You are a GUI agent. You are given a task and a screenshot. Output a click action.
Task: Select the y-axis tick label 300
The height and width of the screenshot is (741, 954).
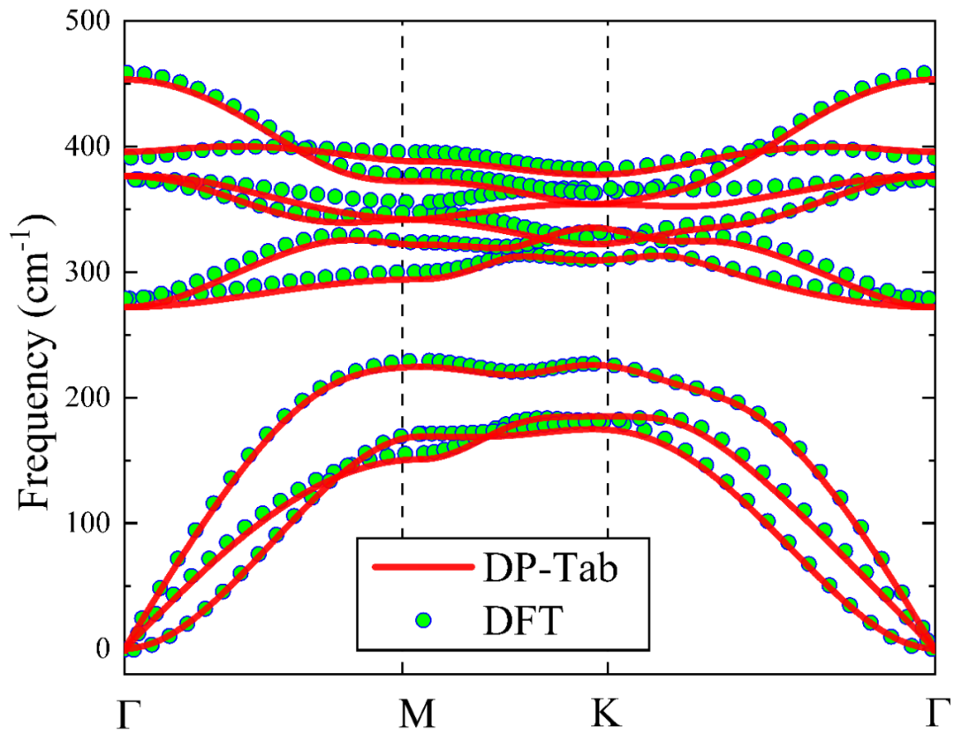pyautogui.click(x=89, y=272)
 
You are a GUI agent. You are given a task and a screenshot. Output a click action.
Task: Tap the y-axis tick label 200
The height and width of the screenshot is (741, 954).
pyautogui.click(x=89, y=397)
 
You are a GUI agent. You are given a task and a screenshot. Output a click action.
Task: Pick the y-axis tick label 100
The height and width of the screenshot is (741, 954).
pyautogui.click(x=89, y=524)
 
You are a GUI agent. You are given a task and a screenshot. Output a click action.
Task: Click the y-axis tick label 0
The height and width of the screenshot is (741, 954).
pyautogui.click(x=105, y=649)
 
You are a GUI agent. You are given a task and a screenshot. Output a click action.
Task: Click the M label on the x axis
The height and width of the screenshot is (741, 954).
pyautogui.click(x=403, y=716)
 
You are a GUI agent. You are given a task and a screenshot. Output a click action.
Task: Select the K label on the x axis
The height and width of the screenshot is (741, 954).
pyautogui.click(x=607, y=716)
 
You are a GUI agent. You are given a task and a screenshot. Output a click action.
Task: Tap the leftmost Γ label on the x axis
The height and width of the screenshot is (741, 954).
pyautogui.click(x=127, y=716)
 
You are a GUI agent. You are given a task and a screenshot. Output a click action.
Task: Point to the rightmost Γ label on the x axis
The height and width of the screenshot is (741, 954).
pyautogui.click(x=935, y=716)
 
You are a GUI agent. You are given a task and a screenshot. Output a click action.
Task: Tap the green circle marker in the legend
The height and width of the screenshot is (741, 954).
pyautogui.click(x=424, y=621)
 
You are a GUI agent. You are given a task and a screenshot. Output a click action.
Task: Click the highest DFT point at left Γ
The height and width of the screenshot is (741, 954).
pyautogui.click(x=128, y=72)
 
